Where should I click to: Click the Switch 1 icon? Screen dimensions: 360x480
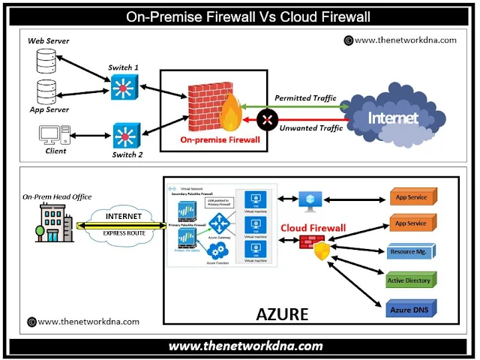point(122,90)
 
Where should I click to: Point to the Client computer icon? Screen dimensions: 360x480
point(50,135)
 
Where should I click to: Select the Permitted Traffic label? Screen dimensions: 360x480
point(306,98)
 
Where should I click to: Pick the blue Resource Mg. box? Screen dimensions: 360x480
point(409,252)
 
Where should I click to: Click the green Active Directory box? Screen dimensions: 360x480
point(409,280)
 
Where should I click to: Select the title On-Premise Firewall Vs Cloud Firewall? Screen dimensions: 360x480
point(239,15)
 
